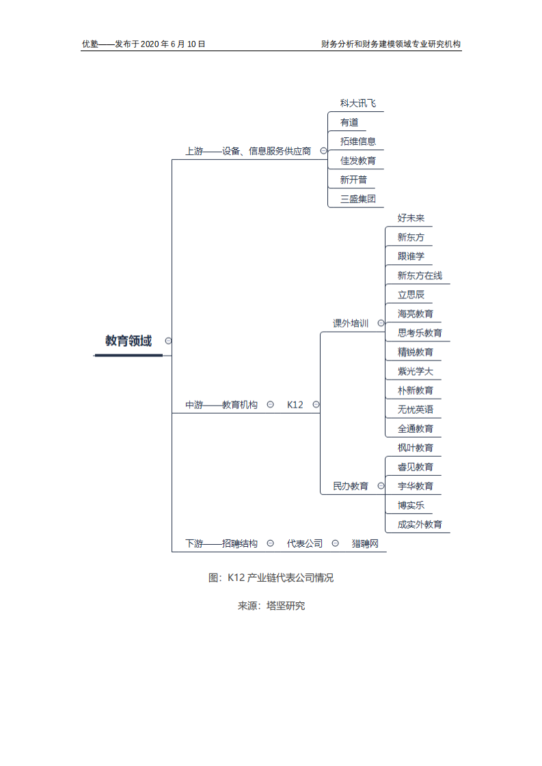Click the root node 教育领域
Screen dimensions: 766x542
tap(128, 341)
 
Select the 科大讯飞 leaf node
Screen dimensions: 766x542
tap(357, 103)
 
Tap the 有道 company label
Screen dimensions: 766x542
tap(349, 122)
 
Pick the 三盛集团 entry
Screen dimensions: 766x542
tap(357, 199)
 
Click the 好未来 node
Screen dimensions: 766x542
tap(411, 218)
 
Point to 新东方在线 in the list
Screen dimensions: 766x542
tap(420, 275)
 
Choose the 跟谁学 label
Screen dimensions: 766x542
tap(411, 256)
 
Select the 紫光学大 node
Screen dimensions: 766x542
tap(415, 371)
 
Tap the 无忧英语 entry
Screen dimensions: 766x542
tap(415, 410)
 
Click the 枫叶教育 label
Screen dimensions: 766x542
tap(415, 448)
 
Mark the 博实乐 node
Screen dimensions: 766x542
tap(411, 505)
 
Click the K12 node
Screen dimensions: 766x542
tap(295, 405)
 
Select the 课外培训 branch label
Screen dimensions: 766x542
tap(351, 323)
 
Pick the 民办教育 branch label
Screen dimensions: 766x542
tap(351, 486)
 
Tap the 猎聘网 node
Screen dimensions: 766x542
tap(365, 543)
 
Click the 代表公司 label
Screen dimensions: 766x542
tap(304, 543)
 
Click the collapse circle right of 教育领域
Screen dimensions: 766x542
tap(168, 341)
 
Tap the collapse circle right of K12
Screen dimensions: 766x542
tap(316, 405)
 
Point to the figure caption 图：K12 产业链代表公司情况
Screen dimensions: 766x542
tap(271, 578)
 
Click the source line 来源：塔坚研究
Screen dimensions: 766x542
tap(271, 606)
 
